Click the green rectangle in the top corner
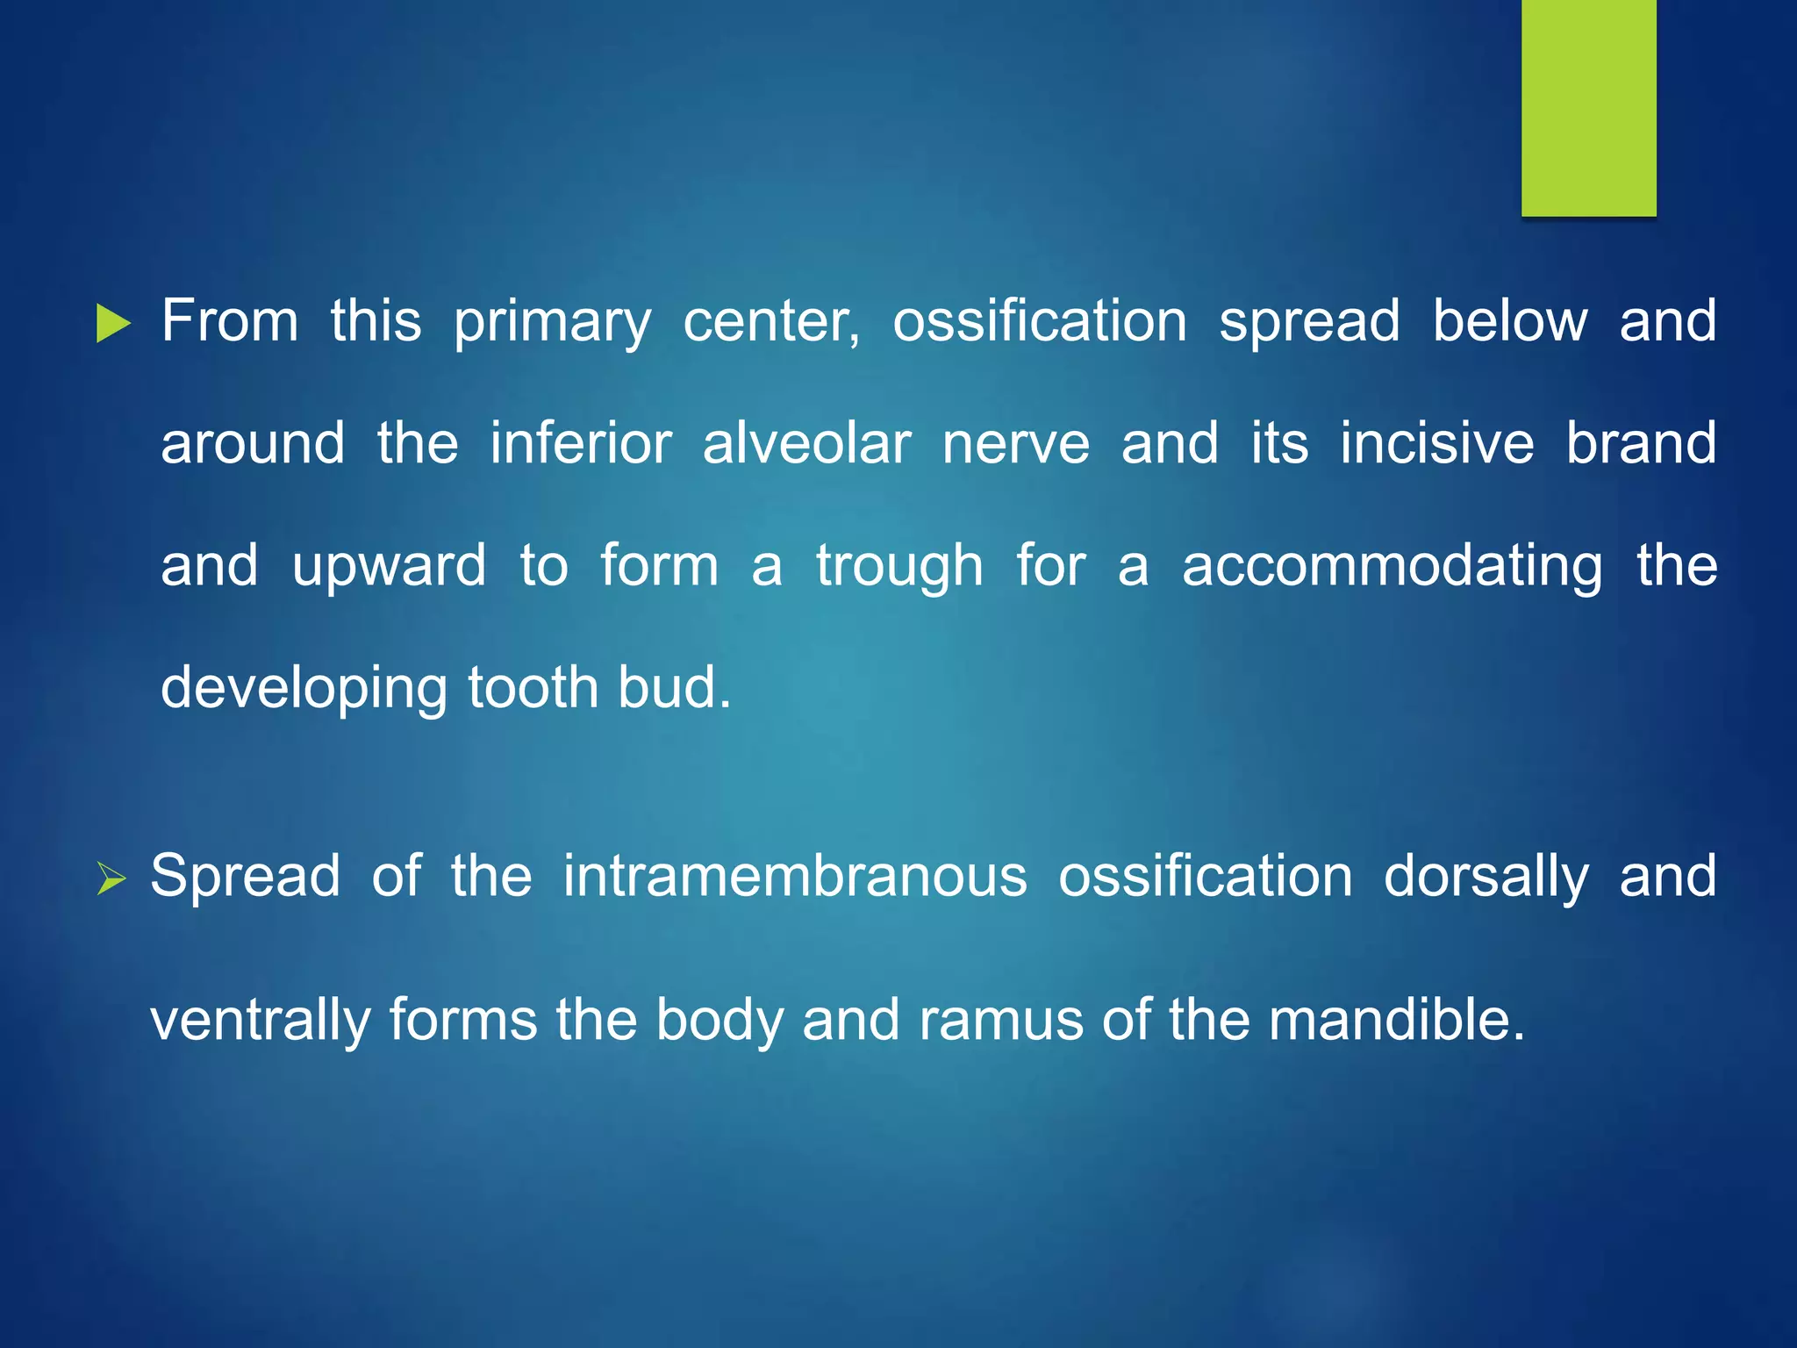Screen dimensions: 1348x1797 [1588, 107]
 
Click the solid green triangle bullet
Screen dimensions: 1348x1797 [112, 324]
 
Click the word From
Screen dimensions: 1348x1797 [230, 321]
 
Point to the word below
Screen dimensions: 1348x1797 [1509, 321]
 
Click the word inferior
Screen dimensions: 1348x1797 [581, 443]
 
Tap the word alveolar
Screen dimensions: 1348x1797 [806, 443]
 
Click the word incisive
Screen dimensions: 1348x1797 [1436, 443]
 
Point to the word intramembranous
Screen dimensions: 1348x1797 [794, 877]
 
